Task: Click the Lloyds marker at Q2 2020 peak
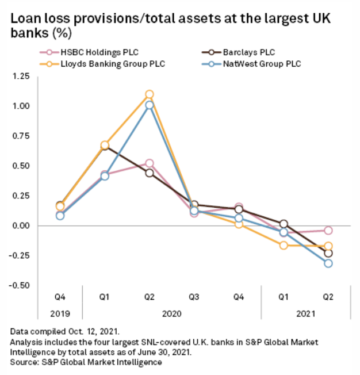pos(150,94)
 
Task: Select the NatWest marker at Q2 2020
pos(150,105)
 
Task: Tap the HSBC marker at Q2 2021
pos(328,230)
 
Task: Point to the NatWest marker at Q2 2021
pos(328,263)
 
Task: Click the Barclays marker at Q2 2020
pos(150,173)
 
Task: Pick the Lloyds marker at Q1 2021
pos(284,246)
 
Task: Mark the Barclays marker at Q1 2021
pos(284,224)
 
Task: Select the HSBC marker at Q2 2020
pos(150,163)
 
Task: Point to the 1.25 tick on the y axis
pos(22,76)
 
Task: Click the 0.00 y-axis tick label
pos(22,225)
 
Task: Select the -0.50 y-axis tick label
pos(21,285)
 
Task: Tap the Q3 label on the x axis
pos(194,297)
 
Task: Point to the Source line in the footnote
pos(86,362)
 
